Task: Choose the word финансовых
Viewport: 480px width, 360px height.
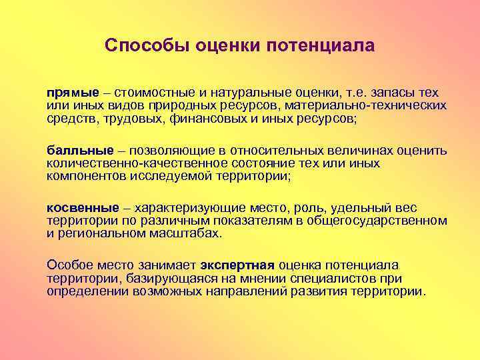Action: click(218, 119)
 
